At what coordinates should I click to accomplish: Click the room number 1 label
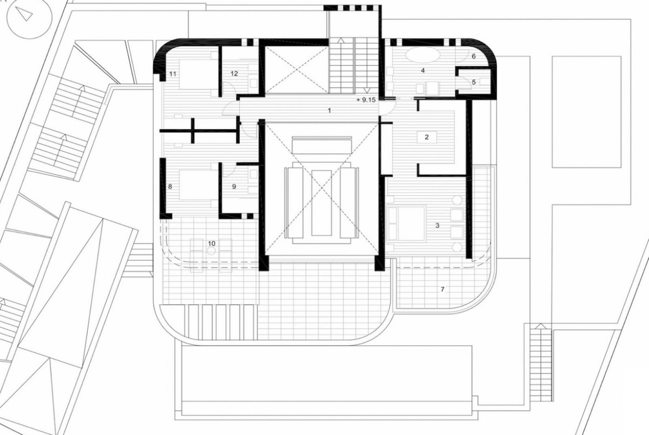(x=329, y=110)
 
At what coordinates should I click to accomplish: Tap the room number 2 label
(x=427, y=137)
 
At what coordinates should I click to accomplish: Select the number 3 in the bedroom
(x=437, y=226)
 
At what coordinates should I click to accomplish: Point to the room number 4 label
(x=423, y=71)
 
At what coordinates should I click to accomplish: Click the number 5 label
(x=474, y=82)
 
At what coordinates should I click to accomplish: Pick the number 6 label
(x=474, y=56)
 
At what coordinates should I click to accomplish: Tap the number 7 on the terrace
(x=443, y=289)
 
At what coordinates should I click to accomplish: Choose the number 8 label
(x=170, y=187)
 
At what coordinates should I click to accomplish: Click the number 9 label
(x=234, y=187)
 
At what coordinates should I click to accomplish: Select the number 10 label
(x=211, y=244)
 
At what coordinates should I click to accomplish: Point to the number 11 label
(x=173, y=74)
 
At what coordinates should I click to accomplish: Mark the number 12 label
(x=234, y=74)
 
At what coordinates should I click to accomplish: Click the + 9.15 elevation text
(x=366, y=100)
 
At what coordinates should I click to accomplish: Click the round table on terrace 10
(x=211, y=250)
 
